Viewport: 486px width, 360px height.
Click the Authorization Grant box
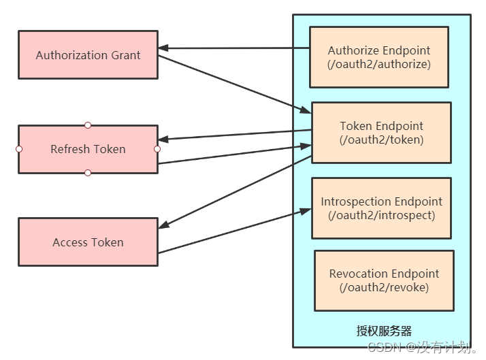coord(88,54)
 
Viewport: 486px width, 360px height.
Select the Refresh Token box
coord(88,149)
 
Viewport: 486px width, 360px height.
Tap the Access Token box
coord(88,242)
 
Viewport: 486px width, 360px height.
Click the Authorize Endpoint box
coord(378,57)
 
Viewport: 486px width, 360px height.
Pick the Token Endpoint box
coord(381,133)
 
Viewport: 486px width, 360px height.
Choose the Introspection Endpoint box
coord(381,208)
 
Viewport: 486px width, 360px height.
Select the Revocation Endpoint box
coord(384,280)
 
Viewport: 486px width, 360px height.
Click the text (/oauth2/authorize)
coord(378,65)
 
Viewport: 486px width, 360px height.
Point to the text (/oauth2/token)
coord(381,140)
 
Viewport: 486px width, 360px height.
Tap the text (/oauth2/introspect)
coord(381,216)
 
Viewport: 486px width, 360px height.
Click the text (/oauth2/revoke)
coord(384,288)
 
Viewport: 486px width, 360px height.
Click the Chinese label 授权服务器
coord(384,331)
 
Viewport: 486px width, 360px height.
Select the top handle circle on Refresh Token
coord(88,125)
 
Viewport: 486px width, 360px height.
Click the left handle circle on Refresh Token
coord(19,149)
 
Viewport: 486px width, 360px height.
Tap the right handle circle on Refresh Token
coord(157,149)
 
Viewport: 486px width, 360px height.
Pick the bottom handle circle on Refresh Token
coord(88,173)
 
